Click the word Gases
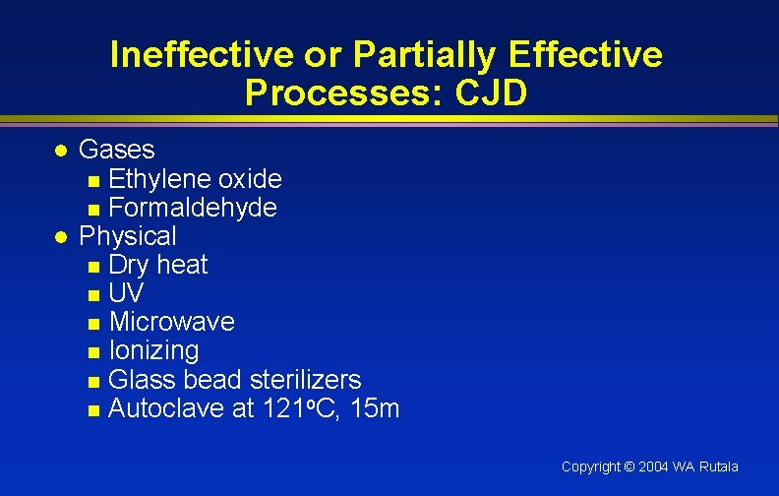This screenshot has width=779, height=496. [117, 150]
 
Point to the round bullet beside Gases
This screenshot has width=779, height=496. [60, 152]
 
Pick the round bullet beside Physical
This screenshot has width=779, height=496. [60, 237]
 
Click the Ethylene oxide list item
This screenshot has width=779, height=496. [195, 179]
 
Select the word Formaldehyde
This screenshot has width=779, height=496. [193, 208]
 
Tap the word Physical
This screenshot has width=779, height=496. [128, 236]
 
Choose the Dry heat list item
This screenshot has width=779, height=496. [158, 265]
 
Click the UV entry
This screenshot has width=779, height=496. [125, 293]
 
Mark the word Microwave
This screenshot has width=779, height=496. [172, 322]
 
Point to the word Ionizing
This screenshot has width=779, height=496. [153, 350]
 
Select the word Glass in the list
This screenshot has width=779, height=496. [136, 379]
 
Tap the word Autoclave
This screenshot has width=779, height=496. [167, 408]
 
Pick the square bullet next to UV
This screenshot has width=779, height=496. [93, 295]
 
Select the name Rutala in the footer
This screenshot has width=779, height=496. [719, 466]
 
